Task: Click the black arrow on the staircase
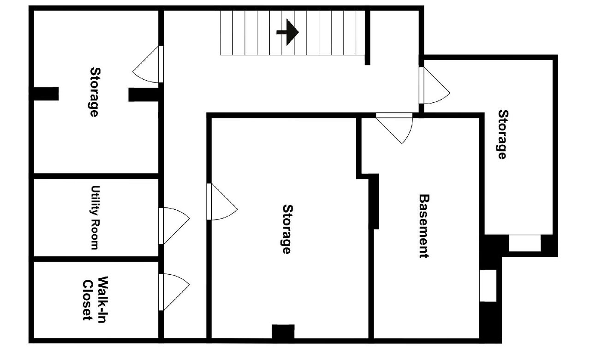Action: coord(288,32)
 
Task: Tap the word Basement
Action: coord(424,226)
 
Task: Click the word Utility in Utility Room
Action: coord(95,201)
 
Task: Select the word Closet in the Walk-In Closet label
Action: coord(88,301)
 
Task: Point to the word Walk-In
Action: coord(103,300)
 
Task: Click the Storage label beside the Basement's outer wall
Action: coord(503,135)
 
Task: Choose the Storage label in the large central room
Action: coord(287,230)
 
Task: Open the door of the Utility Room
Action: coord(174,226)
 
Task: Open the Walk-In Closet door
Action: coord(174,292)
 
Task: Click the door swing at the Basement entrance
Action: coord(394,129)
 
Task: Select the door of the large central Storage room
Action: coord(222,201)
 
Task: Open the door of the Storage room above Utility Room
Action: coord(148,64)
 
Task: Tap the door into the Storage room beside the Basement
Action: coord(435,86)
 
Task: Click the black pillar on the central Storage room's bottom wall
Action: coord(283,331)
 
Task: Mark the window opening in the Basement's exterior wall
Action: coord(488,286)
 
